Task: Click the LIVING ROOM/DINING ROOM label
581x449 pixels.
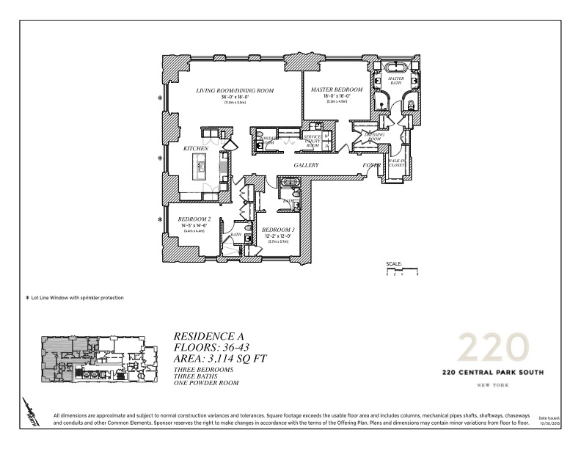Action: [234, 90]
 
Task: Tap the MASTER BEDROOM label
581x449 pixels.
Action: [331, 90]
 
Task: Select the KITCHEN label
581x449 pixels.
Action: [196, 149]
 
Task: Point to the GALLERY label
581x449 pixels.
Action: [306, 166]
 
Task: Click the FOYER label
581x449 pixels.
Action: [372, 166]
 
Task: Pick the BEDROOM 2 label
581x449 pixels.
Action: [194, 219]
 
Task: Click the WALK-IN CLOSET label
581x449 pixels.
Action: [397, 163]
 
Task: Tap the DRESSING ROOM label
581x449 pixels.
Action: [365, 136]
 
